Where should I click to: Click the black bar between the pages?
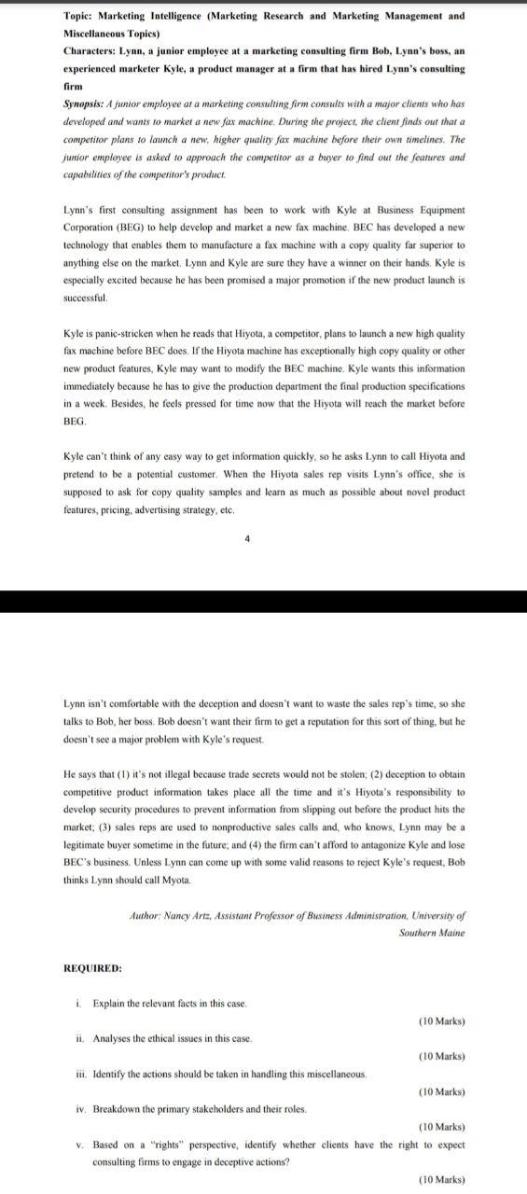(x=263, y=576)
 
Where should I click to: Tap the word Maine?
(x=451, y=933)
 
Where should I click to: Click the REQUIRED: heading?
(x=92, y=968)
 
